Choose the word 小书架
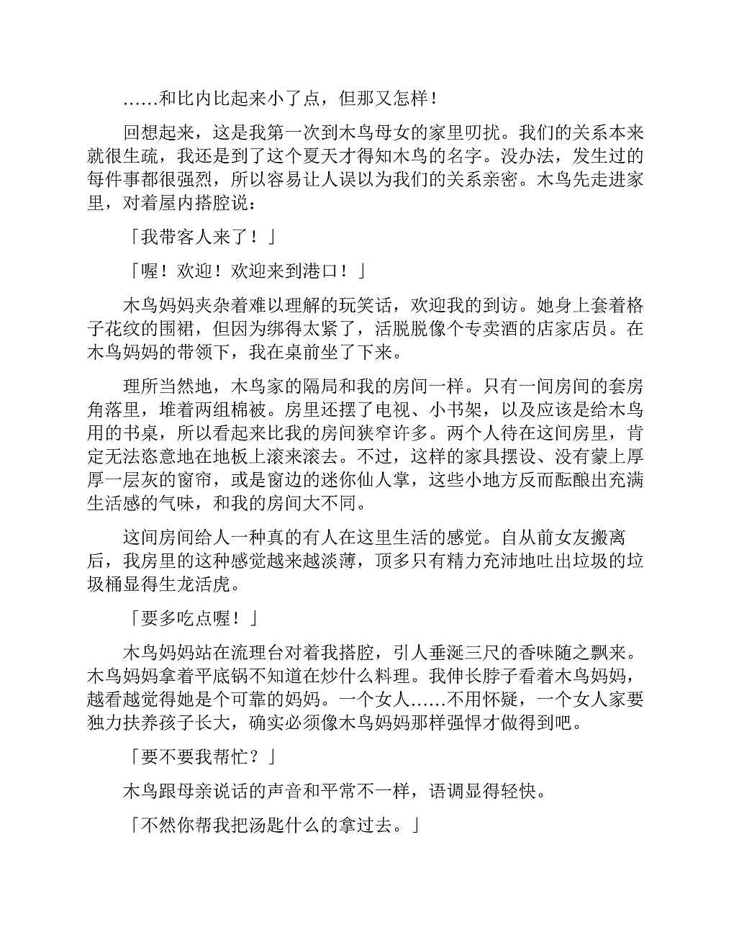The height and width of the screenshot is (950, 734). tap(447, 410)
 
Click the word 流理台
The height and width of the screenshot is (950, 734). tap(249, 653)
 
